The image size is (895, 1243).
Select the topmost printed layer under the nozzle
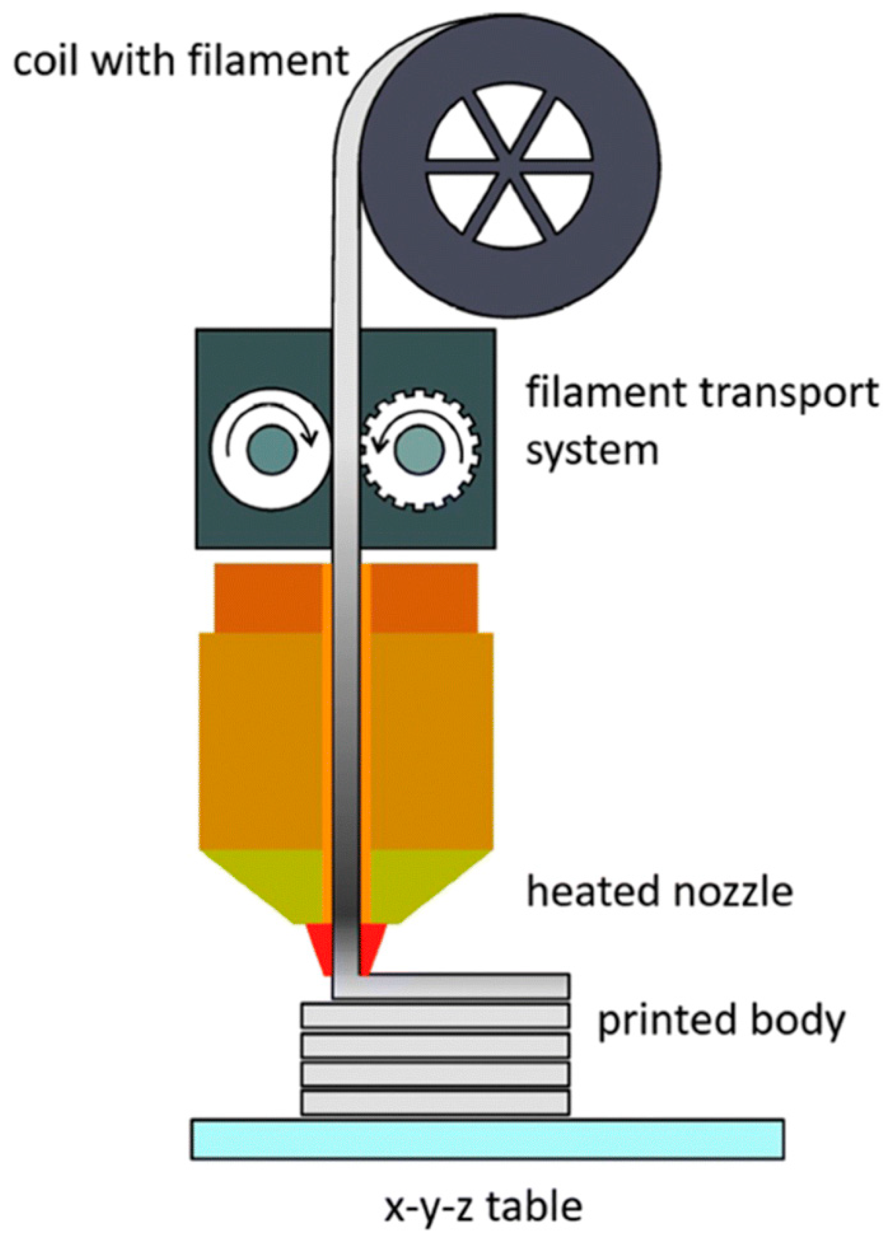pyautogui.click(x=466, y=985)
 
